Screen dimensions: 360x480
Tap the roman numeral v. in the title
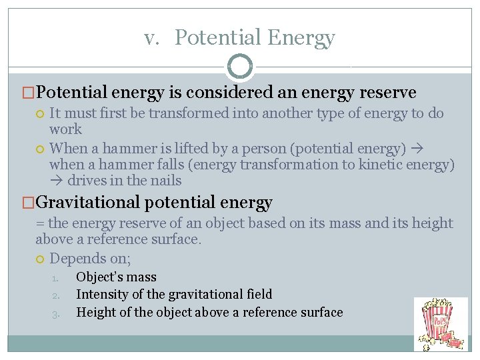[153, 39]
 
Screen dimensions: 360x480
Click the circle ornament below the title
[240, 67]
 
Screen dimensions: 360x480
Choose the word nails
[167, 181]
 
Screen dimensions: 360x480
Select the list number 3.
[57, 313]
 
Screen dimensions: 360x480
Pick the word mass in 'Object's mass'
[142, 277]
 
